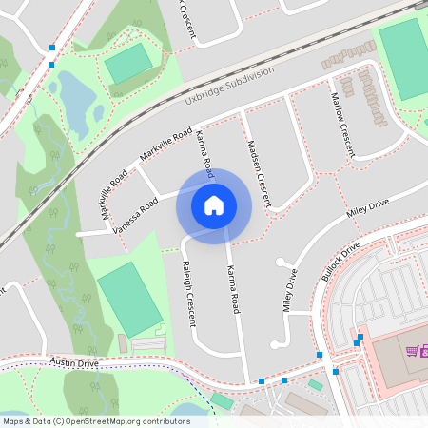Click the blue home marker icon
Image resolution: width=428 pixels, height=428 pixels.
tap(214, 204)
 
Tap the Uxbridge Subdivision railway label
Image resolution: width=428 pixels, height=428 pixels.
tap(229, 85)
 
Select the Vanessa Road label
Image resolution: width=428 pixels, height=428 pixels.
tap(135, 216)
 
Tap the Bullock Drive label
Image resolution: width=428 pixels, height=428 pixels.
tap(340, 261)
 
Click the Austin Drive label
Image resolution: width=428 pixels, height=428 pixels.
tap(75, 362)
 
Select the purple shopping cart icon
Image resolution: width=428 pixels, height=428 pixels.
tap(411, 351)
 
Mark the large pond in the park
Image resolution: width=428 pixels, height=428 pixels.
tap(69, 95)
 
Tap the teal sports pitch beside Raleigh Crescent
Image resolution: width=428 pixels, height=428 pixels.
tap(128, 299)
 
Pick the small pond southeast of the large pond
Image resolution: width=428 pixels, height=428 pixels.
tap(99, 113)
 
